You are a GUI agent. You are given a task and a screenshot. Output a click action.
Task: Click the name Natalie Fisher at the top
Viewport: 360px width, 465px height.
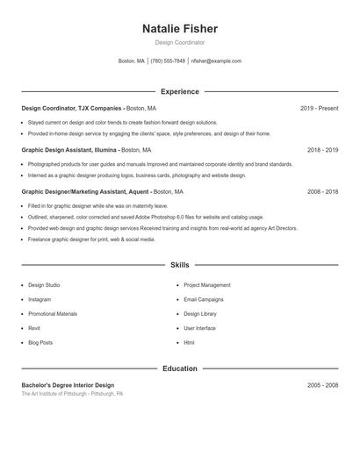[179, 29]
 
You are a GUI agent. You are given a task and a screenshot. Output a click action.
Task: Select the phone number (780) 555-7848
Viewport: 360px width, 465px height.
[168, 61]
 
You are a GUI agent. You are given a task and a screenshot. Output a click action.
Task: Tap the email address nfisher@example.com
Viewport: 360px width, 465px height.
[216, 61]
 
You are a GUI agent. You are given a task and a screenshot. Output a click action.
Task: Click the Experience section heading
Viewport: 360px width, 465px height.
[179, 91]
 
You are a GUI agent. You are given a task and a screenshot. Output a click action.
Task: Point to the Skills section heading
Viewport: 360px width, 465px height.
[179, 264]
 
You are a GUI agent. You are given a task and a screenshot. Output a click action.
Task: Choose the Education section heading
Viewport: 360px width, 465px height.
[179, 368]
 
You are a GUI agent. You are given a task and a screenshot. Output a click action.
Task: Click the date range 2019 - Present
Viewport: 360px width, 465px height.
[319, 108]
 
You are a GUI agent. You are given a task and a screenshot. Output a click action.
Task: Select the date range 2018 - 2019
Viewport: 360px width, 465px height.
[322, 150]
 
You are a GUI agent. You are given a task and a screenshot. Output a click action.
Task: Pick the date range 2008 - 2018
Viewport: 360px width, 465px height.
[322, 191]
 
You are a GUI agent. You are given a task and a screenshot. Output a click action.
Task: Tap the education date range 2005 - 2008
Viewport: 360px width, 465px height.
[322, 385]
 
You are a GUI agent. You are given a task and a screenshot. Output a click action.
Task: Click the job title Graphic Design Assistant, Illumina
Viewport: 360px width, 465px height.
[69, 150]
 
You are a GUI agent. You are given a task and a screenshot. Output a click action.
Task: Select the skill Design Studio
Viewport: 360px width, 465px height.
[44, 285]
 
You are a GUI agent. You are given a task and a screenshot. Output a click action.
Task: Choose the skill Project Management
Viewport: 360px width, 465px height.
[207, 285]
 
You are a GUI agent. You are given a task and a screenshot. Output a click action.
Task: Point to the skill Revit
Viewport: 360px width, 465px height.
[34, 328]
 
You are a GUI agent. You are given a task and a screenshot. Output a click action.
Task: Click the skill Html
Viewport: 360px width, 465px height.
[189, 342]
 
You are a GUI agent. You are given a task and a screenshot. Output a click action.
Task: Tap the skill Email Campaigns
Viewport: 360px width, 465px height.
[203, 299]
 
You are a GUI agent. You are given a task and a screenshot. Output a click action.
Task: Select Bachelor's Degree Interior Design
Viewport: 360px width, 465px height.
[68, 385]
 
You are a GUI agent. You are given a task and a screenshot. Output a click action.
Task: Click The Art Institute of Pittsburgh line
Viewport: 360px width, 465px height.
[72, 394]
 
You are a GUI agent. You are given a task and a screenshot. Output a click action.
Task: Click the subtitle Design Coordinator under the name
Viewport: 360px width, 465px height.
[179, 42]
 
